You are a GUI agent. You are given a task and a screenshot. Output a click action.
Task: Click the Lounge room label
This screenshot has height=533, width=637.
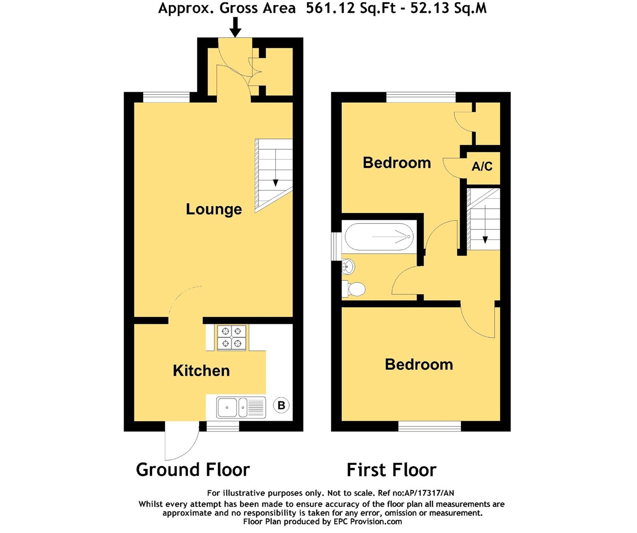pyautogui.click(x=214, y=210)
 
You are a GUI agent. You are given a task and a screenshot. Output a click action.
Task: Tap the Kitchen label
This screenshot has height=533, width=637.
pyautogui.click(x=201, y=371)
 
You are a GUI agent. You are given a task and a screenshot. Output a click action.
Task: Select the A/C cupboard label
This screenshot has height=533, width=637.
pyautogui.click(x=482, y=166)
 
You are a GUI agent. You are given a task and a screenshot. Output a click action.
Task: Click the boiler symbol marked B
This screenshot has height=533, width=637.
pyautogui.click(x=281, y=406)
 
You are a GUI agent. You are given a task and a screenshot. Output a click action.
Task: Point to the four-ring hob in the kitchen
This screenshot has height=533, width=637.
pyautogui.click(x=232, y=337)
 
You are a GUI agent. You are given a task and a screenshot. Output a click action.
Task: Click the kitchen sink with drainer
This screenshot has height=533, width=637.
pyautogui.click(x=241, y=408)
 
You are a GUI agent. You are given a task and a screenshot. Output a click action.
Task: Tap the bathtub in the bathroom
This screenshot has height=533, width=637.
pyautogui.click(x=379, y=237)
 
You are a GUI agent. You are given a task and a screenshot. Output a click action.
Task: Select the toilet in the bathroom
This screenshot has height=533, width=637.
pyautogui.click(x=354, y=288)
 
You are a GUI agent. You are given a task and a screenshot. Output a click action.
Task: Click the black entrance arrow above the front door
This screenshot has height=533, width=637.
pyautogui.click(x=235, y=27)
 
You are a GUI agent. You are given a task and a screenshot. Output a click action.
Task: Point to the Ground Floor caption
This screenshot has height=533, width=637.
pyautogui.click(x=193, y=469)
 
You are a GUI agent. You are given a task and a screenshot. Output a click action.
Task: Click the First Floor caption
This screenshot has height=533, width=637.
pyautogui.click(x=392, y=470)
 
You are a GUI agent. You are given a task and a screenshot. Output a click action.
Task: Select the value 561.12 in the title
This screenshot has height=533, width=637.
pyautogui.click(x=331, y=8)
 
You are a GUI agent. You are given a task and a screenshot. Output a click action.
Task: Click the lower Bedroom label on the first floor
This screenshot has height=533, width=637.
pyautogui.click(x=419, y=365)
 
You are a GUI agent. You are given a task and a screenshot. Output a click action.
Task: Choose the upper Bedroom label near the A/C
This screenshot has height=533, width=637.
pyautogui.click(x=397, y=163)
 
